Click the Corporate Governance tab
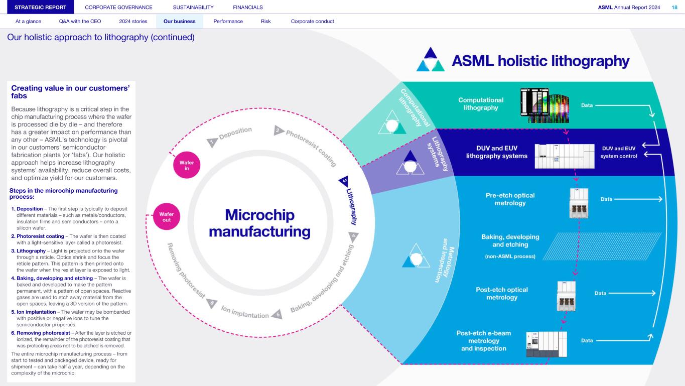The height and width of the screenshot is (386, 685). pos(119,7)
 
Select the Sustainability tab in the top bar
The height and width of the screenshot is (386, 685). pos(193,7)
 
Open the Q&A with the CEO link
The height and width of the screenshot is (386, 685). pos(80,22)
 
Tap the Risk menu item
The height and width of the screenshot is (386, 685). pos(266,22)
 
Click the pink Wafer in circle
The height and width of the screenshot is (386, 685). pos(187,165)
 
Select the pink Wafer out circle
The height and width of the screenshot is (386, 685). pos(166,216)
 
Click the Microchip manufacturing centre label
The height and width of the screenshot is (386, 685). pos(259,224)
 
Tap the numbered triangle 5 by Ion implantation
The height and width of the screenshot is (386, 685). pos(279,314)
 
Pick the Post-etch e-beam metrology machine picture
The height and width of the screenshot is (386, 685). pos(546,344)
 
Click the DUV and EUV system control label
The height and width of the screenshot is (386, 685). pos(619,152)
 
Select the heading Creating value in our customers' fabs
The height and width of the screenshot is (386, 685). pos(70,91)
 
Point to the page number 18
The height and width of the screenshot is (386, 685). pos(674,7)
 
